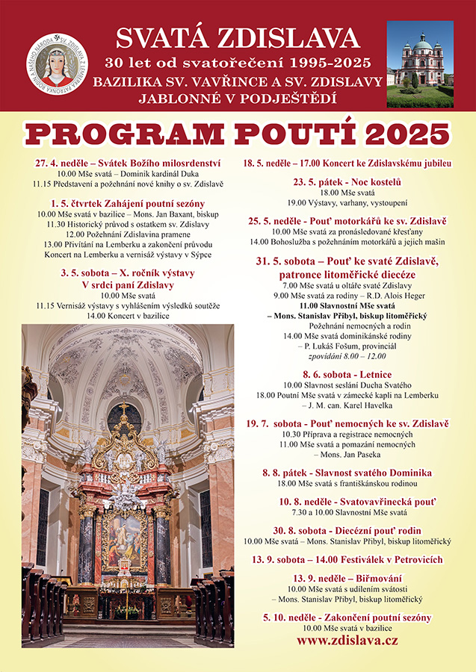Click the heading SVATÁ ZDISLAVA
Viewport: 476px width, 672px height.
coord(238,38)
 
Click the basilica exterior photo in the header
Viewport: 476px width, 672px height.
coord(419,64)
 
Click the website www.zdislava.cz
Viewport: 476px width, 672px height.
coord(347,641)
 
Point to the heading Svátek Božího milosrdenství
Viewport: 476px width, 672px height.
coord(127,162)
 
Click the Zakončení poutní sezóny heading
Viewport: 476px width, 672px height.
coord(347,617)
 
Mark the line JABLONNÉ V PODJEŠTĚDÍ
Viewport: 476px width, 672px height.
coord(238,98)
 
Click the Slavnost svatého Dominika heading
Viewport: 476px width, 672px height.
coord(347,473)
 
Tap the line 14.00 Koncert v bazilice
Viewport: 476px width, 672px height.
coord(127,316)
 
